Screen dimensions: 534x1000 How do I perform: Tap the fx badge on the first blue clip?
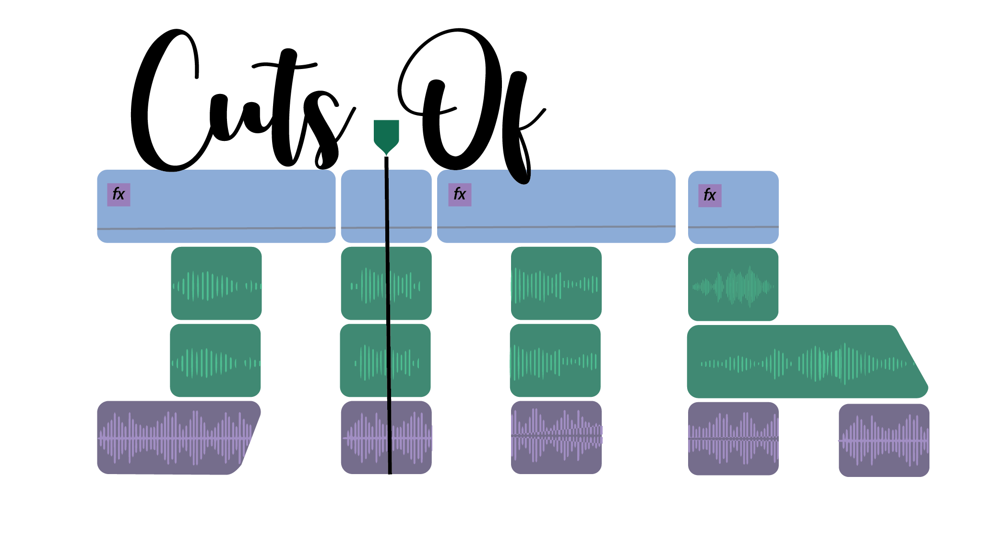pos(119,195)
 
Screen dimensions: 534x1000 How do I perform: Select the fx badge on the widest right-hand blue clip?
pos(460,195)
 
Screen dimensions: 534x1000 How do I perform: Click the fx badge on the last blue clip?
pos(710,196)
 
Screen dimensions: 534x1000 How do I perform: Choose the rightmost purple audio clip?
pos(884,440)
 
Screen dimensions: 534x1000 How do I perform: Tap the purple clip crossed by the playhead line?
pos(365,438)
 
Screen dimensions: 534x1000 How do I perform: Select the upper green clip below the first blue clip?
pos(216,283)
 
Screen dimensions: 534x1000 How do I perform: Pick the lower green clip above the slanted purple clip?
pos(215,360)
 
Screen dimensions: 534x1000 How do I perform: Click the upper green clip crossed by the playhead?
pos(365,283)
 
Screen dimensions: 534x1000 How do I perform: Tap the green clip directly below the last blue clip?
pos(733,284)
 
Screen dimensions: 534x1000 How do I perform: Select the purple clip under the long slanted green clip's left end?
pos(733,439)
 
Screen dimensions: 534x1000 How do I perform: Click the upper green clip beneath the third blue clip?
pos(556,283)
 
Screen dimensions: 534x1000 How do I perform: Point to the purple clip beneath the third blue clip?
pos(556,438)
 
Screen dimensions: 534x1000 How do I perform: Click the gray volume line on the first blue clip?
pos(216,228)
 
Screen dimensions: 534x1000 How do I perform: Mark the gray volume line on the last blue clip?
pos(733,227)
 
